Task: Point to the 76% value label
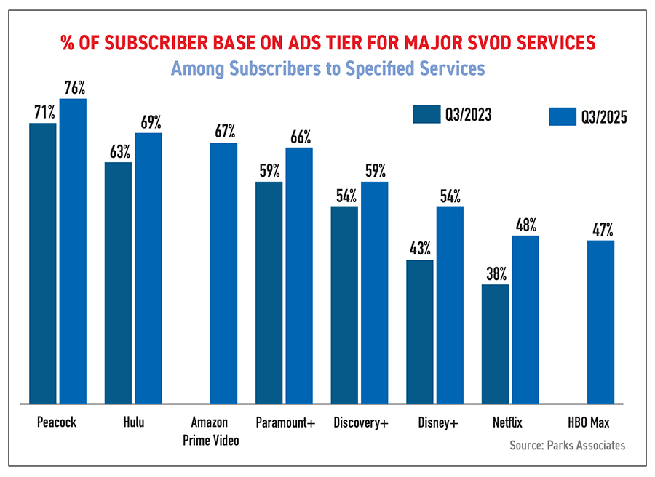74,89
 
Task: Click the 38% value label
495,274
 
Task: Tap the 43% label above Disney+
420,249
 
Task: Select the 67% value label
224,132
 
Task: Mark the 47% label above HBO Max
601,231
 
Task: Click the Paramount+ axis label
285,422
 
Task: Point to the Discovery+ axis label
360,422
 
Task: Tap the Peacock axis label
57,422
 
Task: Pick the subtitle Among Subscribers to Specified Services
327,69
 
